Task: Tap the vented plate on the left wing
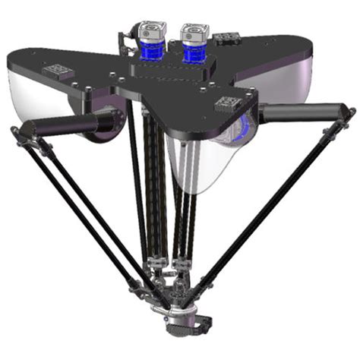pyautogui.click(x=58, y=71)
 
